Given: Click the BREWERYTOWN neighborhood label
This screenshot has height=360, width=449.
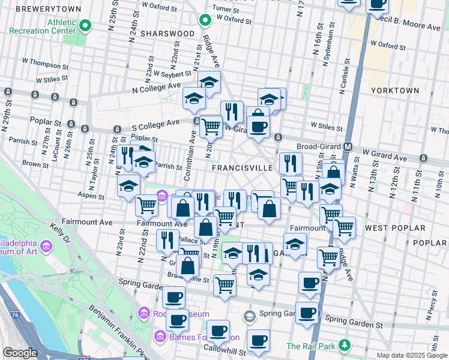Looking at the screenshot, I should coord(40,10).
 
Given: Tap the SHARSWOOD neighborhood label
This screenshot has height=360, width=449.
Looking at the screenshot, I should coord(167,34).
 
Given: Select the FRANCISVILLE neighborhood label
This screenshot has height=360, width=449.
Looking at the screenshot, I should coord(243,169).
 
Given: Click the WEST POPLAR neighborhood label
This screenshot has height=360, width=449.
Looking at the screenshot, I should coord(395,228).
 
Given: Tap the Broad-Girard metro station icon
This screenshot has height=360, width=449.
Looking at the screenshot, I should coord(348,146).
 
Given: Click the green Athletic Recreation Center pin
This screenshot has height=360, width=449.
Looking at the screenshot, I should coord(85,26).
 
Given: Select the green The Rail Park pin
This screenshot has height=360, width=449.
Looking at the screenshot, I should coord(345,346).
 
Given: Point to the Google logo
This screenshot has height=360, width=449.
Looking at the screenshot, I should coord(20,353).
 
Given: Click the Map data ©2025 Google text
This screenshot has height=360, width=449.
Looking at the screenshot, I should coord(411,355).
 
